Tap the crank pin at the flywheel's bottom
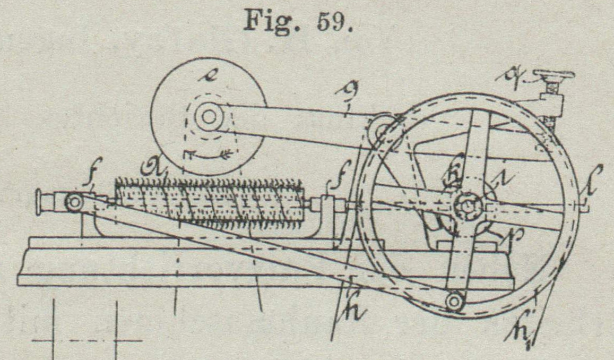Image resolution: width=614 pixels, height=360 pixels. point(454,301)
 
